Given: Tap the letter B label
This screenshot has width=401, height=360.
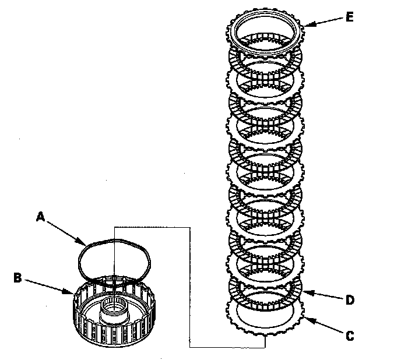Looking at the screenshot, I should pyautogui.click(x=17, y=278).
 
